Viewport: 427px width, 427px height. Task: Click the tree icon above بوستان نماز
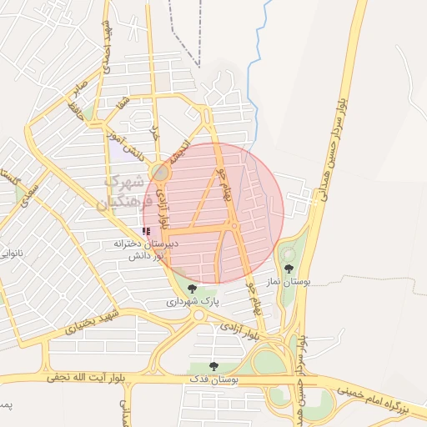click(x=289, y=269)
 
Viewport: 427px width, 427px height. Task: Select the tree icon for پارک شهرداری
click(x=193, y=289)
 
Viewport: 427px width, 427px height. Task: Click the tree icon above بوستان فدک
click(x=213, y=366)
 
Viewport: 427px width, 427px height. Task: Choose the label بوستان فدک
click(x=214, y=379)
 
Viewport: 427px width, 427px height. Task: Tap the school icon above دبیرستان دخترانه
click(x=146, y=230)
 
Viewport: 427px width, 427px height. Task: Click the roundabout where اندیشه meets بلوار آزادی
click(x=160, y=173)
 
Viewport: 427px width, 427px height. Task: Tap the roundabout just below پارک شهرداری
click(x=199, y=315)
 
